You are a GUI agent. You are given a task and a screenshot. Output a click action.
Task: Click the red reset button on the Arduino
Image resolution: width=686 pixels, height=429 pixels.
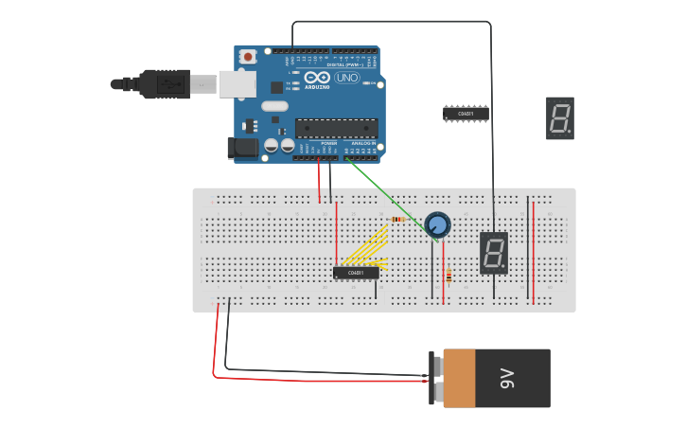pos(248,57)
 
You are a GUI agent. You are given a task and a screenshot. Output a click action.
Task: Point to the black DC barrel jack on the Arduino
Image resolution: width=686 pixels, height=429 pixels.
pos(242,147)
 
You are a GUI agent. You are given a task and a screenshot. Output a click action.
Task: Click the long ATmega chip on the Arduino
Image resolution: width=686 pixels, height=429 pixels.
pos(336,128)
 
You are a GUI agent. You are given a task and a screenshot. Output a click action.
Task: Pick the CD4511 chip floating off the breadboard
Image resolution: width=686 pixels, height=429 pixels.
pos(466,114)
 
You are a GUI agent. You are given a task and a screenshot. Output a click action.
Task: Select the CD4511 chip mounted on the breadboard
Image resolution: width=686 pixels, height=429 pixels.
pos(356,273)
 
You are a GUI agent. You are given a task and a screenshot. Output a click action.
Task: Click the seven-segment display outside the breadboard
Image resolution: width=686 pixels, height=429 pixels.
pos(559,117)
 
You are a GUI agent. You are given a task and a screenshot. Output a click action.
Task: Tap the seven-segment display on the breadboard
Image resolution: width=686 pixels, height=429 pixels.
pos(493,253)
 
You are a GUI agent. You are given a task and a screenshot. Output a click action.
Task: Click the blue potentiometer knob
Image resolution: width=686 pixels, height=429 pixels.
pos(437,225)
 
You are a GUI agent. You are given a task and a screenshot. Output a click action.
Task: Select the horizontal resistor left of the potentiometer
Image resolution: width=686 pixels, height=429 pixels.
pos(397,220)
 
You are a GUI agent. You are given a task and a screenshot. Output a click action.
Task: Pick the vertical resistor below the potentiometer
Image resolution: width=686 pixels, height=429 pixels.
pos(448,276)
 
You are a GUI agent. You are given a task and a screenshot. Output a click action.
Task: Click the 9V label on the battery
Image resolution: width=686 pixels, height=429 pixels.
pos(506,379)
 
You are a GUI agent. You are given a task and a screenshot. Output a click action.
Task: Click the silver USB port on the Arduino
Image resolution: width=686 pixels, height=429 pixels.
pos(237,83)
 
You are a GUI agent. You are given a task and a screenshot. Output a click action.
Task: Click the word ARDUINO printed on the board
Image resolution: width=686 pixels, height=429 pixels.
pos(318,86)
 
